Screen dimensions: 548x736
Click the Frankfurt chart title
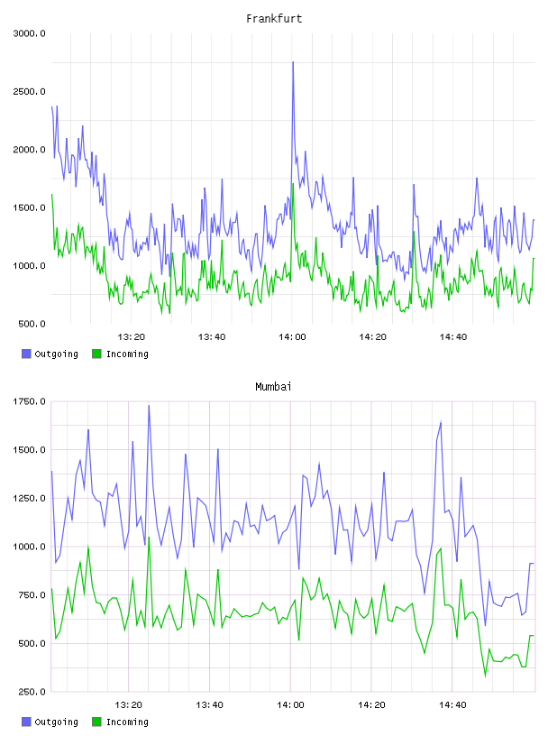(x=274, y=19)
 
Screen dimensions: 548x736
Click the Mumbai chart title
(x=273, y=387)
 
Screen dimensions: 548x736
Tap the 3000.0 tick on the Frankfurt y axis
(x=30, y=33)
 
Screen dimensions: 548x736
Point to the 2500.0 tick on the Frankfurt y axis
(x=30, y=91)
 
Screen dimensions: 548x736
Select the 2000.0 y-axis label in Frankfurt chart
(x=30, y=150)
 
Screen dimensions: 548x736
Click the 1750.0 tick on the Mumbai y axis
(x=30, y=401)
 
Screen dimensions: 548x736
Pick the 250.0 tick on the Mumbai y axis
(x=32, y=692)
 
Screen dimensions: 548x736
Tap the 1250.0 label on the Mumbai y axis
(x=30, y=499)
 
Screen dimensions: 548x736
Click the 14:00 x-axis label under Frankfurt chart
(x=292, y=337)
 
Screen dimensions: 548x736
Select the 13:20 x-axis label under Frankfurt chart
(x=132, y=337)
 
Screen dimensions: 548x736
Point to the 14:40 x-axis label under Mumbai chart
(x=452, y=705)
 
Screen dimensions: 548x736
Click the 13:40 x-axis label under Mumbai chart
(x=210, y=705)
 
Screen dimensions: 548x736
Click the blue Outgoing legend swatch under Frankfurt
(x=26, y=354)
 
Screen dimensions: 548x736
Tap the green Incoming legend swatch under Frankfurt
(x=96, y=354)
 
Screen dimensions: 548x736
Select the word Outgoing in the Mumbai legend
(x=56, y=722)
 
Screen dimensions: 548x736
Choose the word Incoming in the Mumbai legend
(x=127, y=722)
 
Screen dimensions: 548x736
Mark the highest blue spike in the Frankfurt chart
(x=293, y=62)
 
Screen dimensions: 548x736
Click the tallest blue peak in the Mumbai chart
(x=149, y=406)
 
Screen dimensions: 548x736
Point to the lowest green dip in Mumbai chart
(x=486, y=676)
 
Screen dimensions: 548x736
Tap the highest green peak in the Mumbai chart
(x=149, y=538)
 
